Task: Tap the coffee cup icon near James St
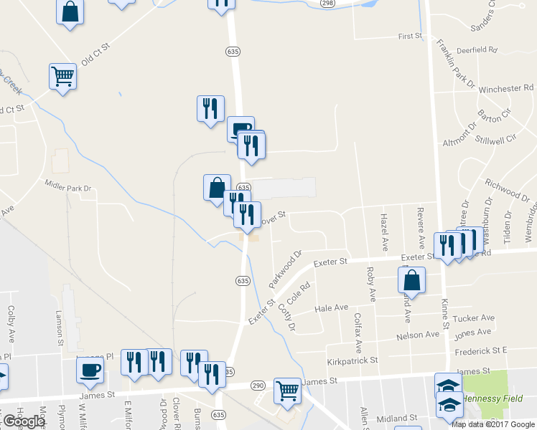tap(90, 370)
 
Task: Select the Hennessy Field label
tap(495, 398)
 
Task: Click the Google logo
tap(24, 421)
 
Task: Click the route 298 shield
tap(328, 4)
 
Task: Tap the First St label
tap(410, 36)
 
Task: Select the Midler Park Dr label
tap(69, 188)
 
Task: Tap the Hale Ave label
tap(332, 308)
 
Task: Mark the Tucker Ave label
tap(475, 318)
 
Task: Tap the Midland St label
tap(398, 418)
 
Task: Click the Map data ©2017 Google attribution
tap(492, 424)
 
